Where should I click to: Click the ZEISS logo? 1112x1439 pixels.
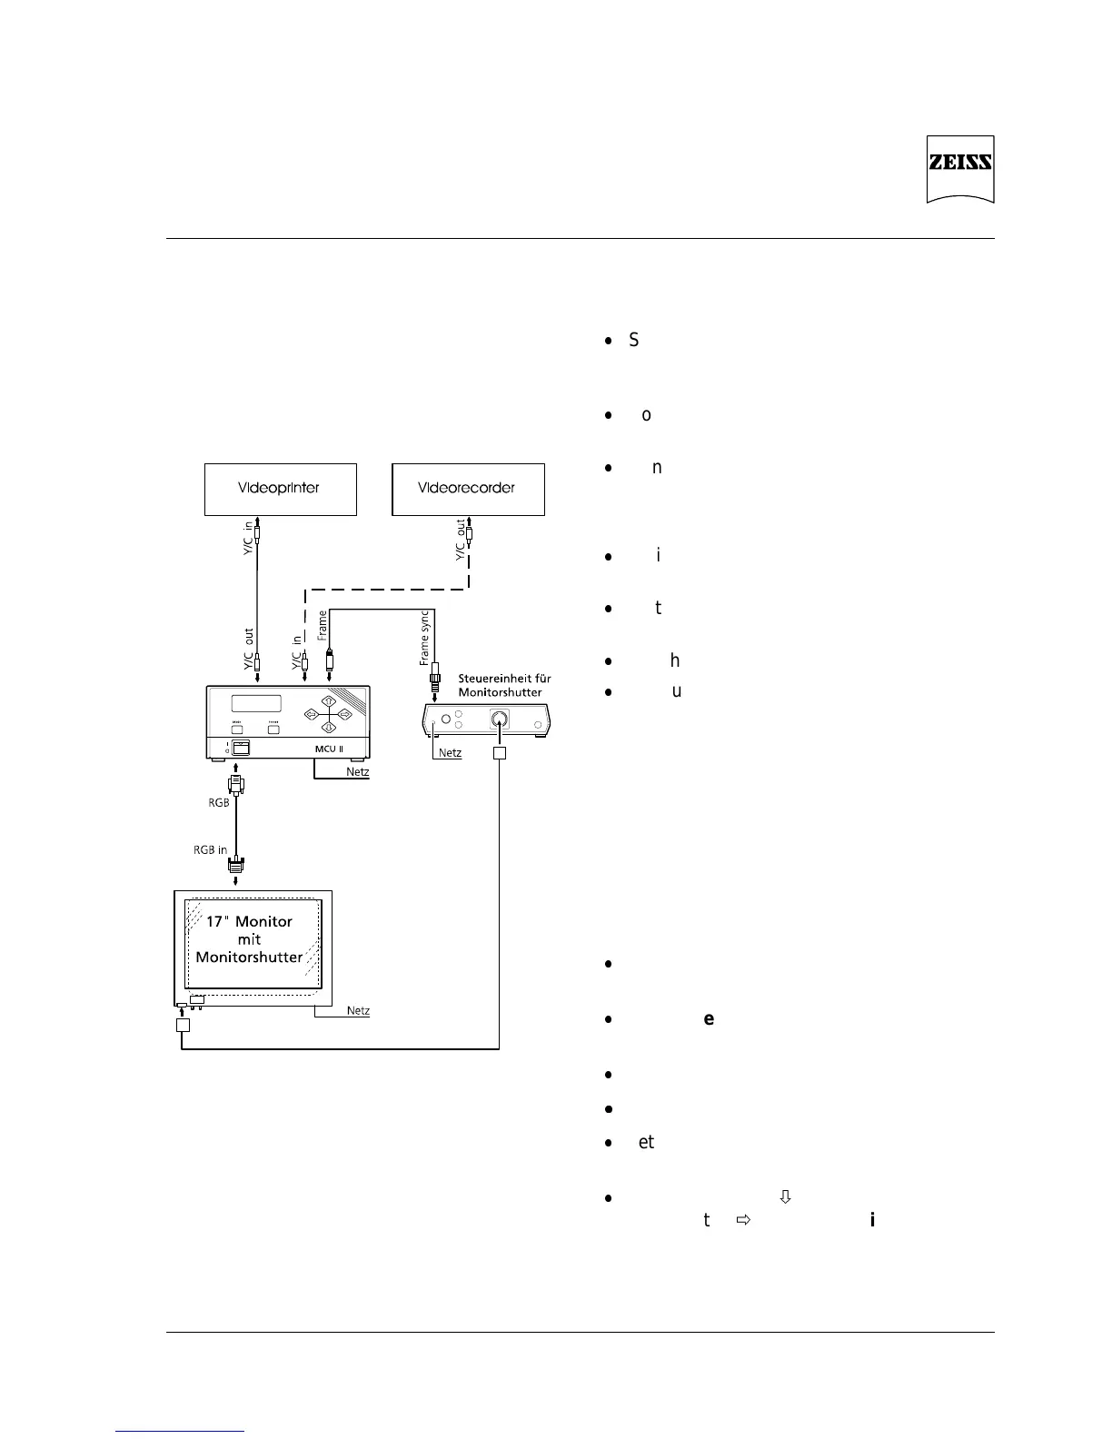(x=959, y=168)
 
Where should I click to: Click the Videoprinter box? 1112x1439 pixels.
(x=279, y=489)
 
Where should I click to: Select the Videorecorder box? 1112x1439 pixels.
(x=467, y=489)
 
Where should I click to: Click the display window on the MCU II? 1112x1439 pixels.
(x=255, y=703)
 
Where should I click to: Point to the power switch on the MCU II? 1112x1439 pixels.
(x=241, y=747)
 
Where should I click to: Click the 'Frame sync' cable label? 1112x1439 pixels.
(x=425, y=639)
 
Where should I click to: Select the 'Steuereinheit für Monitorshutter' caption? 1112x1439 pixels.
(x=504, y=685)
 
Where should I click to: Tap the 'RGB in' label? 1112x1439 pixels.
(x=210, y=850)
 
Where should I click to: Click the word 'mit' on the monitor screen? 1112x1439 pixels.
(x=249, y=939)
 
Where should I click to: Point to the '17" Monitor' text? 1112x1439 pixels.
(x=249, y=921)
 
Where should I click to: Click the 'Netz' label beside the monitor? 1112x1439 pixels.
(x=358, y=1011)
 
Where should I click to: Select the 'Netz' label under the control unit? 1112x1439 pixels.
(x=450, y=753)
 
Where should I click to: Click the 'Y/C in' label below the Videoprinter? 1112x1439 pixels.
(x=247, y=538)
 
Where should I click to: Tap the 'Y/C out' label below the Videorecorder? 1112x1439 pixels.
(x=461, y=541)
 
